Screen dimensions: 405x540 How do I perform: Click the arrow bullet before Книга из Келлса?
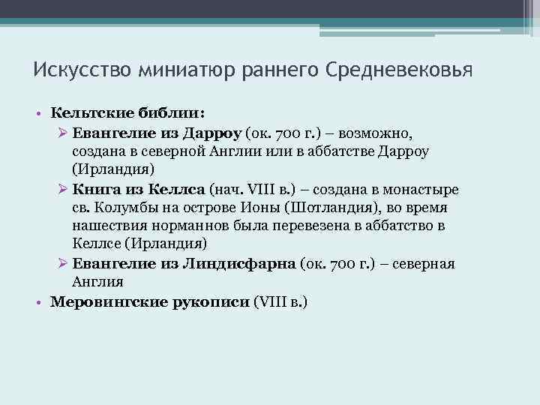(63, 189)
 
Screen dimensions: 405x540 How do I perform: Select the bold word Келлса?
(181, 188)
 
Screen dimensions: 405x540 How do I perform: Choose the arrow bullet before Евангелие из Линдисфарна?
(63, 264)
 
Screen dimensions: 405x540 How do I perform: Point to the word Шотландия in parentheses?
(328, 207)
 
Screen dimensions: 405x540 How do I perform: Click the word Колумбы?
(124, 207)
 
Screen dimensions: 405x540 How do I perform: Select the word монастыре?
(420, 188)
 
